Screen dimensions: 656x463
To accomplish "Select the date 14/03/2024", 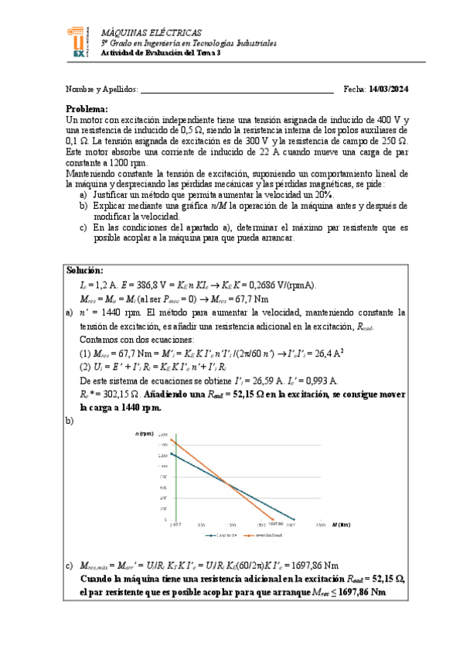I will tap(389, 90).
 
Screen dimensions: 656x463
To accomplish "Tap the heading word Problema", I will tap(87, 109).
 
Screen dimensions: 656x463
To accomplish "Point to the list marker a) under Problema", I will tap(83, 196).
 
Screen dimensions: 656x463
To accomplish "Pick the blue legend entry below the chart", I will tap(222, 535).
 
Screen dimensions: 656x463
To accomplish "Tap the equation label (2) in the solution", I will tap(87, 367).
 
